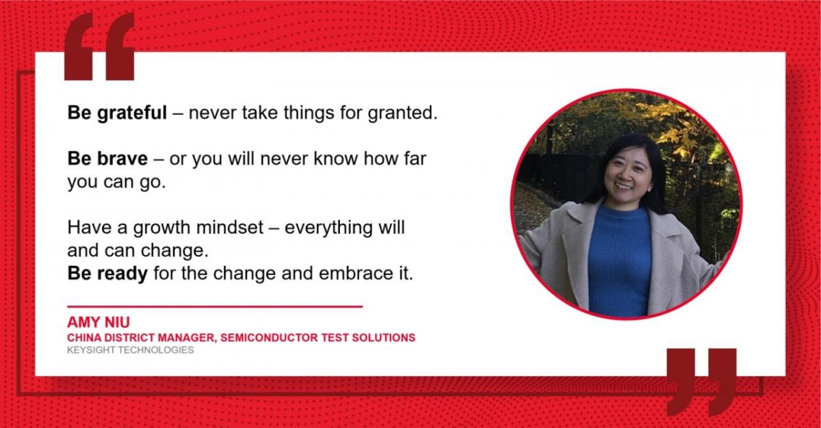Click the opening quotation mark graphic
99,46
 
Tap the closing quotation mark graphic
701,382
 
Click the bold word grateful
132,113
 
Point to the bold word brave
122,159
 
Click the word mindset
230,228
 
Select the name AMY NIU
99,322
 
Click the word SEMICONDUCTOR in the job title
270,338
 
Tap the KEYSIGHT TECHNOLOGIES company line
131,350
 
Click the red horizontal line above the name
215,306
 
